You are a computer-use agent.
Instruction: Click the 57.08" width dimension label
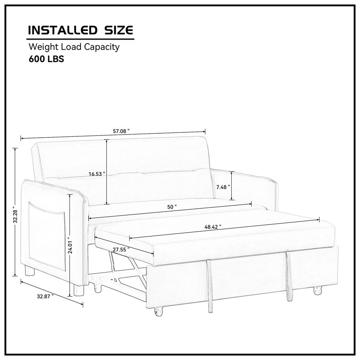click(121, 131)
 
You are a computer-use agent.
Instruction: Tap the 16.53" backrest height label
click(97, 174)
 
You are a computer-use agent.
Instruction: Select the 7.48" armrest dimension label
click(223, 187)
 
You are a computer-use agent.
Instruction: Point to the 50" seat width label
click(172, 207)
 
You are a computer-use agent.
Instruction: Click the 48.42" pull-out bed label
click(213, 227)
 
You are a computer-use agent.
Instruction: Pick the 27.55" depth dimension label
click(121, 250)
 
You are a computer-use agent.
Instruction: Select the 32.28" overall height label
click(15, 214)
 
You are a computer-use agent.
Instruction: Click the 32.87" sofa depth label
click(45, 297)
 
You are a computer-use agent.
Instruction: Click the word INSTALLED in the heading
click(62, 30)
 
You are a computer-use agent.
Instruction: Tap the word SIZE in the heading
click(119, 30)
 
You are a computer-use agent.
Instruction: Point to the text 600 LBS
click(46, 59)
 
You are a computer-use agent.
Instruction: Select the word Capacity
click(102, 47)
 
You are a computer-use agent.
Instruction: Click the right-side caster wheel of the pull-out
click(318, 291)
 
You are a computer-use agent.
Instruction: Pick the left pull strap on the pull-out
click(210, 286)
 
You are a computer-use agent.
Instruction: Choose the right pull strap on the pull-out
click(289, 276)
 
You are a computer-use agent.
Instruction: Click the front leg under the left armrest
click(79, 290)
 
